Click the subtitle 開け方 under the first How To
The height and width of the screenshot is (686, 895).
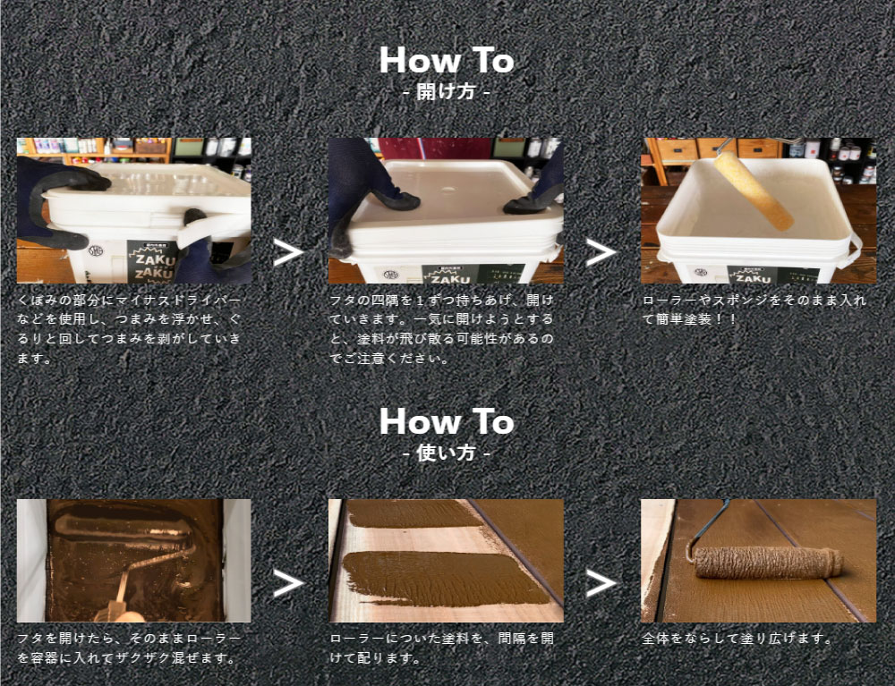tap(446, 92)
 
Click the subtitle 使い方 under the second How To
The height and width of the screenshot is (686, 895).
tap(446, 453)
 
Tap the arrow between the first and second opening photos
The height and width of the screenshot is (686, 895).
tap(287, 252)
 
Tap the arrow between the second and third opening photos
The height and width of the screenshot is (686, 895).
tap(601, 252)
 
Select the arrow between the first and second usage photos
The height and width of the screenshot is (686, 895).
tap(287, 583)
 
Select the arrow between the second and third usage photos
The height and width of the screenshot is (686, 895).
tap(601, 583)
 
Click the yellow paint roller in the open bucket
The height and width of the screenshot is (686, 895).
tap(753, 191)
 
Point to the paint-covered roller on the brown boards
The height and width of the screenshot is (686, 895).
tap(769, 563)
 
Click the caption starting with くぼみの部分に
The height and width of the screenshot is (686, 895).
tap(129, 329)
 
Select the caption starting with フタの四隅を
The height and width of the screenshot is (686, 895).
tap(442, 329)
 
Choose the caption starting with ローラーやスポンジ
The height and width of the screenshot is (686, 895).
tap(754, 309)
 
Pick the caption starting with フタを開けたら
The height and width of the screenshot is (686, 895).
tap(129, 648)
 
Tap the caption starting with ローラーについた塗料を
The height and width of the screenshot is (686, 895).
tap(442, 648)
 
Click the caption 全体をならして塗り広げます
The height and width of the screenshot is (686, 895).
tap(737, 638)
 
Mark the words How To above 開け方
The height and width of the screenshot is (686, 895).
tap(447, 60)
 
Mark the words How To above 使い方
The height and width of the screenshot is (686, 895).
tap(447, 421)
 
